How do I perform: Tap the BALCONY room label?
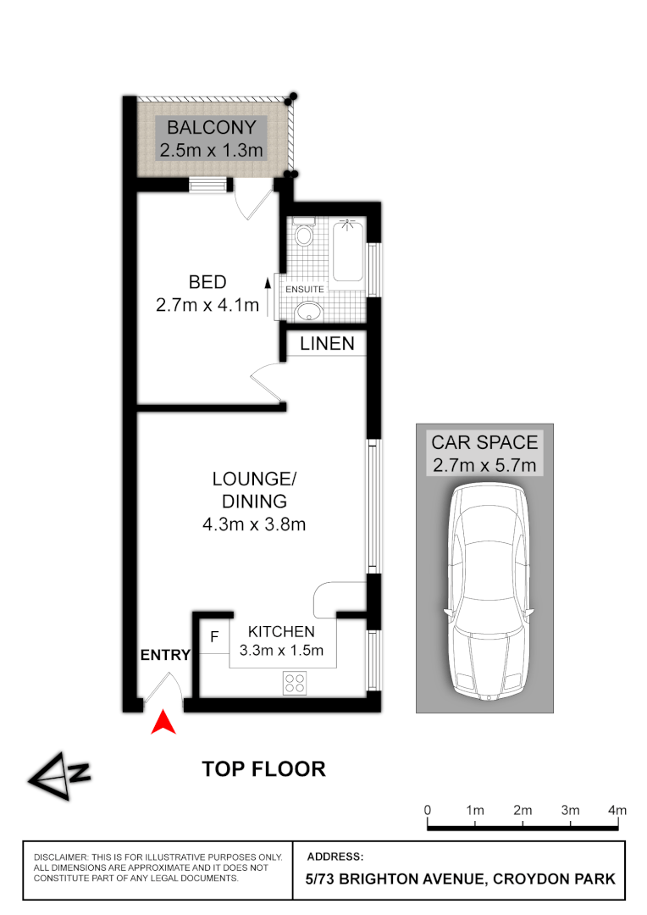click(211, 129)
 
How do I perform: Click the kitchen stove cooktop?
click(295, 681)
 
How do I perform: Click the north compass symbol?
click(58, 774)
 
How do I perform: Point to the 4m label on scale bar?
click(617, 811)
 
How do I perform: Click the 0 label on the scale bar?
click(429, 811)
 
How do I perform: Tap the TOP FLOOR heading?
click(263, 769)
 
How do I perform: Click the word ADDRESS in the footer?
click(335, 857)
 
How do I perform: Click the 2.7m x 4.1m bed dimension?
click(207, 305)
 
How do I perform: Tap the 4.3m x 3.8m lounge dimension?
click(253, 524)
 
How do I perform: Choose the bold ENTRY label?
click(165, 655)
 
